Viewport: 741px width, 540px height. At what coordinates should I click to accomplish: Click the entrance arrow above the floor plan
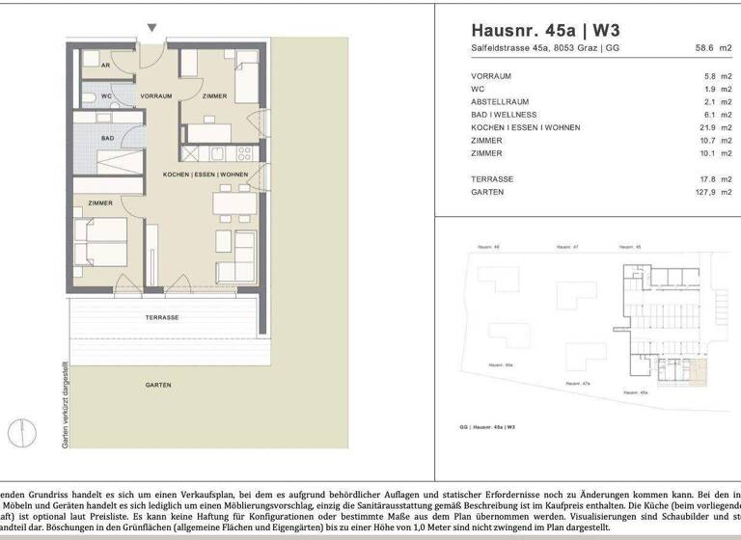[x=150, y=29]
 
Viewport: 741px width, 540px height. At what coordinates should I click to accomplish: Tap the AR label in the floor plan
[x=104, y=67]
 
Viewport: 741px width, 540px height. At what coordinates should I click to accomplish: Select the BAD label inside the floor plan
[x=108, y=138]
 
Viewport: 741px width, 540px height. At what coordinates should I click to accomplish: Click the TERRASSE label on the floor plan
[x=162, y=317]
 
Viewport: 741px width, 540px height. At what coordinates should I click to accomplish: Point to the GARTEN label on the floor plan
[x=159, y=384]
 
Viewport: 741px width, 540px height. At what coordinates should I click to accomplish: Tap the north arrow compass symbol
[x=20, y=431]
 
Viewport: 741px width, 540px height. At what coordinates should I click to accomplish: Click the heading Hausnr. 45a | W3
[x=545, y=29]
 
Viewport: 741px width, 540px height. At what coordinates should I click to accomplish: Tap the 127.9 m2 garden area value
[x=711, y=192]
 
